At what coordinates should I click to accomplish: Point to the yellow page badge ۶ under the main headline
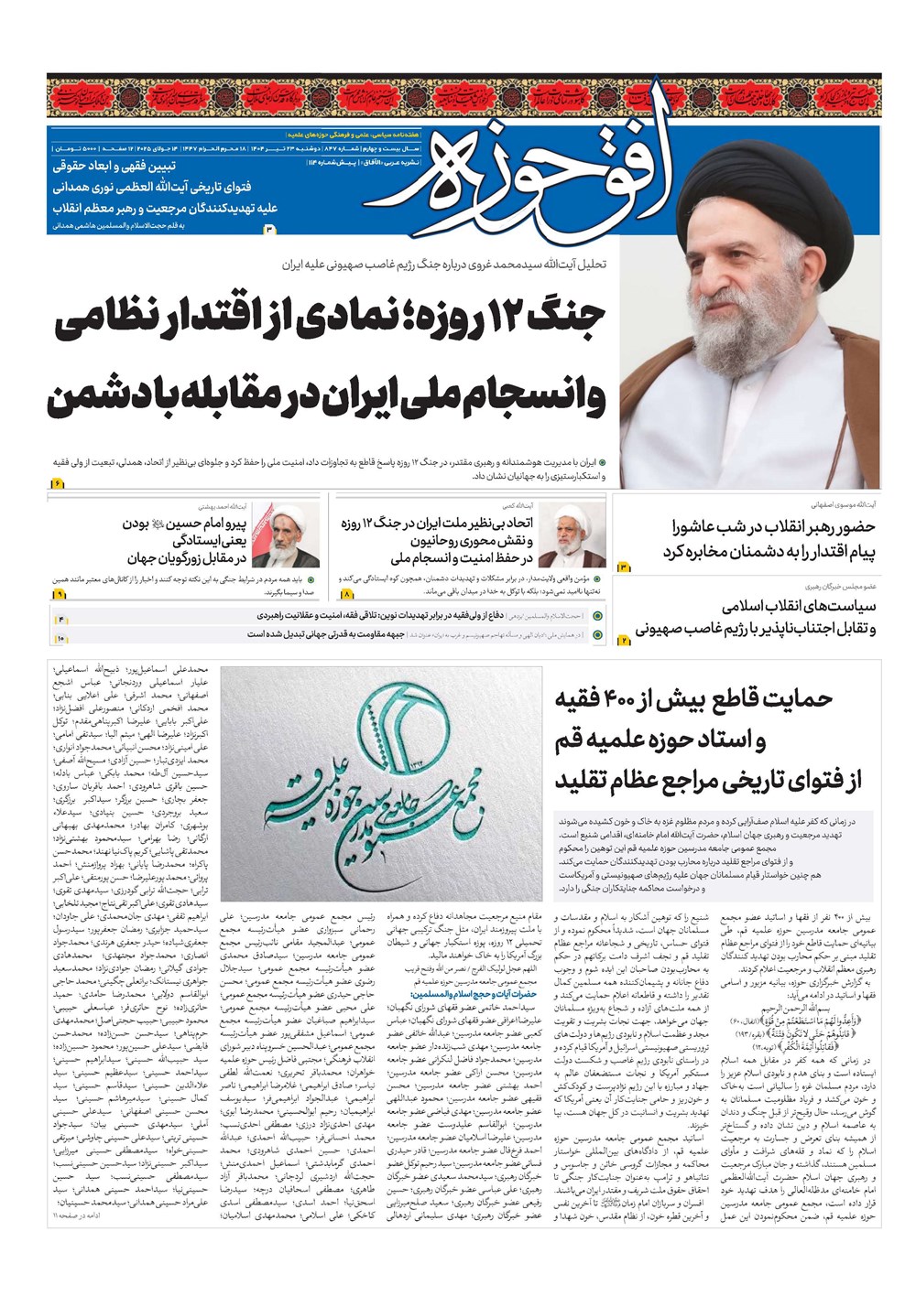pos(56,482)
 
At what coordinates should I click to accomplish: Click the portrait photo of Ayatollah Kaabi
pos(572,536)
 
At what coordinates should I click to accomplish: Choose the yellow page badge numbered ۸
pos(347,594)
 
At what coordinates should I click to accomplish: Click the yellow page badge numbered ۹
pos(60,594)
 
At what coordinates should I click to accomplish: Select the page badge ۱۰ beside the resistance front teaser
pos(60,637)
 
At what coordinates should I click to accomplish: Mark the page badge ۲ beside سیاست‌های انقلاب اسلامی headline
pos(624,640)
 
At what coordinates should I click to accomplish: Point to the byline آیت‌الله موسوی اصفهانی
pos(842,504)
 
